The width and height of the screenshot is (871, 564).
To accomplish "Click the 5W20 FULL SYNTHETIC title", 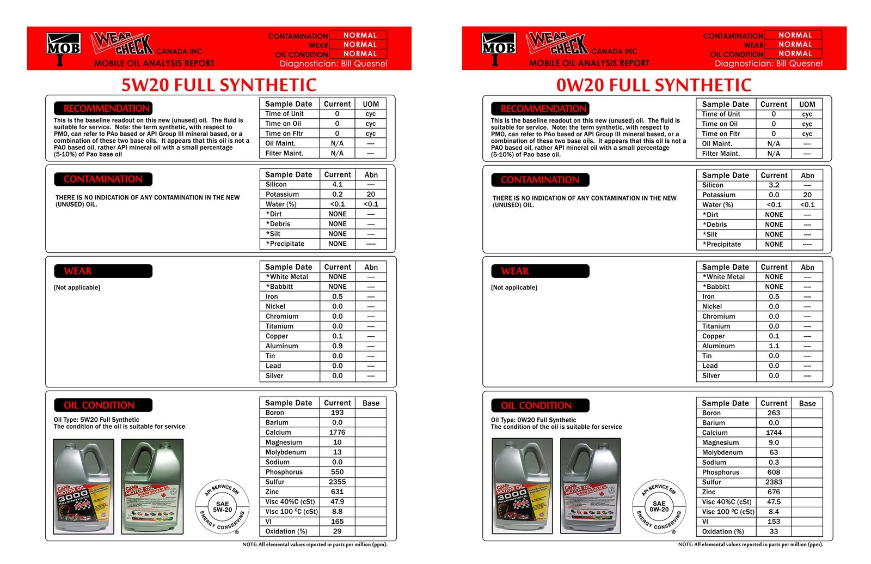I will pyautogui.click(x=218, y=85).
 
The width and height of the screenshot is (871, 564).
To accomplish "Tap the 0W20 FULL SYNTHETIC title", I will pyautogui.click(x=653, y=85).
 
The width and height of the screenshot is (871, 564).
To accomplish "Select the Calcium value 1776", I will pyautogui.click(x=337, y=432).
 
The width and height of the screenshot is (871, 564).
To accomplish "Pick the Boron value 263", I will pyautogui.click(x=774, y=413).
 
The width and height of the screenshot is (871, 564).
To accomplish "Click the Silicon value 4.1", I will pyautogui.click(x=337, y=184).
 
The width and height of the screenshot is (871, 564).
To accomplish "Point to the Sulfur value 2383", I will pyautogui.click(x=774, y=482).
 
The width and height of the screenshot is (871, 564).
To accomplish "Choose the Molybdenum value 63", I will pyautogui.click(x=774, y=452).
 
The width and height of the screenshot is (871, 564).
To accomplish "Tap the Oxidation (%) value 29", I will pyautogui.click(x=337, y=531).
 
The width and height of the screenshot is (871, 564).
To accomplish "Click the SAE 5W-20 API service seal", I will pyautogui.click(x=222, y=507).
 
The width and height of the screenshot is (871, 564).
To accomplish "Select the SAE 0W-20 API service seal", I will pyautogui.click(x=659, y=507).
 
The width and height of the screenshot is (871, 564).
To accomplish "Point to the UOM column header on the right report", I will pyautogui.click(x=807, y=104).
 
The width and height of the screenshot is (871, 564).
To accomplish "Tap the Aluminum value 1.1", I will pyautogui.click(x=774, y=346).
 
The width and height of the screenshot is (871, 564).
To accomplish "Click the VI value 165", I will pyautogui.click(x=337, y=521).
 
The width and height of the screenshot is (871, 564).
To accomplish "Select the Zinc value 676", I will pyautogui.click(x=774, y=492).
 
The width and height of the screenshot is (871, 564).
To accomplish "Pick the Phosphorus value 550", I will pyautogui.click(x=337, y=472).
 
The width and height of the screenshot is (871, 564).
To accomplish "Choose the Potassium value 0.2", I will pyautogui.click(x=337, y=194).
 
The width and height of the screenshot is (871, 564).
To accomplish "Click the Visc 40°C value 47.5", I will pyautogui.click(x=774, y=502).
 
